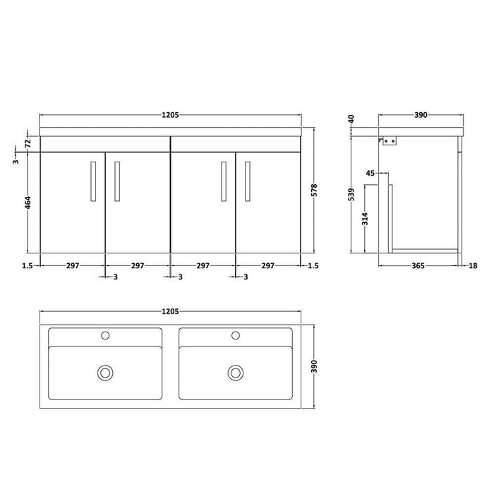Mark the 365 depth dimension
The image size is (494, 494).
click(x=418, y=265)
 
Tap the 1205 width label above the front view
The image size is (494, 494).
click(x=169, y=114)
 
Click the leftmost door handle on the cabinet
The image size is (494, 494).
click(x=92, y=181)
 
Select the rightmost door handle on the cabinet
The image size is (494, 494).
click(x=247, y=181)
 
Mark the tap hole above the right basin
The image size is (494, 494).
click(x=235, y=335)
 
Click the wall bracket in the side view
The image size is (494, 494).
click(x=390, y=141)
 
